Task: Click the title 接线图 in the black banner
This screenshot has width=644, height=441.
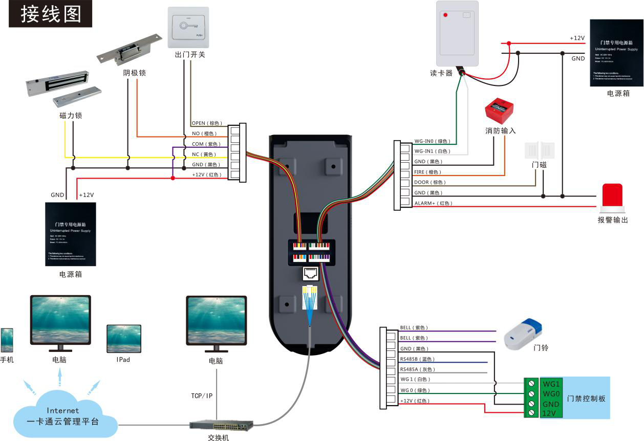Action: coord(51,14)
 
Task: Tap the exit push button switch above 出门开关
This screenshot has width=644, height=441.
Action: coord(188,27)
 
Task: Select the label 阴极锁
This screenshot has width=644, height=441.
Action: coord(135,73)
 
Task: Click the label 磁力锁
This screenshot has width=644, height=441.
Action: coord(71,116)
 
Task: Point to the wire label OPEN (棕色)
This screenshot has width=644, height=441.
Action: coord(207,123)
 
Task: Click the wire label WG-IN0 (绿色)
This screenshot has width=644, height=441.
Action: coord(432,141)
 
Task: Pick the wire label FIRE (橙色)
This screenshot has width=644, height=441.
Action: coord(427,172)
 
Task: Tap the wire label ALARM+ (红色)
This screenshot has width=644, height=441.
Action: coord(433,204)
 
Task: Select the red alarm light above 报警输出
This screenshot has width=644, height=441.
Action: coord(612,197)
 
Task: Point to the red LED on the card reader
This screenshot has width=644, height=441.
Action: coord(445,15)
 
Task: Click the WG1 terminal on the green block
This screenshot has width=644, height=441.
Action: coord(551,384)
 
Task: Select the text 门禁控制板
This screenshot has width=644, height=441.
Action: coord(586,398)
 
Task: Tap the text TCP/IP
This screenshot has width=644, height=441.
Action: coord(202,396)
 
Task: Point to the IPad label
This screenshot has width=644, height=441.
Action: coord(123,360)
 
